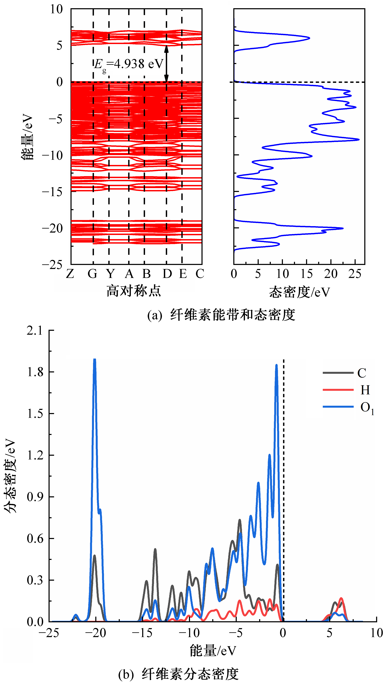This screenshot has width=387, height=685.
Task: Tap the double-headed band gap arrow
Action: point(166,64)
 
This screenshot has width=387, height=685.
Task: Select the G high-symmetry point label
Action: point(92,274)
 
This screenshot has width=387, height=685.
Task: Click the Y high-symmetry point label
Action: point(110,274)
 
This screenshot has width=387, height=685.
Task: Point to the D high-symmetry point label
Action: point(167,274)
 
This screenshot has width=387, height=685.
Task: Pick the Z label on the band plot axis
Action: point(70,274)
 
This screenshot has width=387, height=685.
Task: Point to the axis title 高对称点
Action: point(134,291)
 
